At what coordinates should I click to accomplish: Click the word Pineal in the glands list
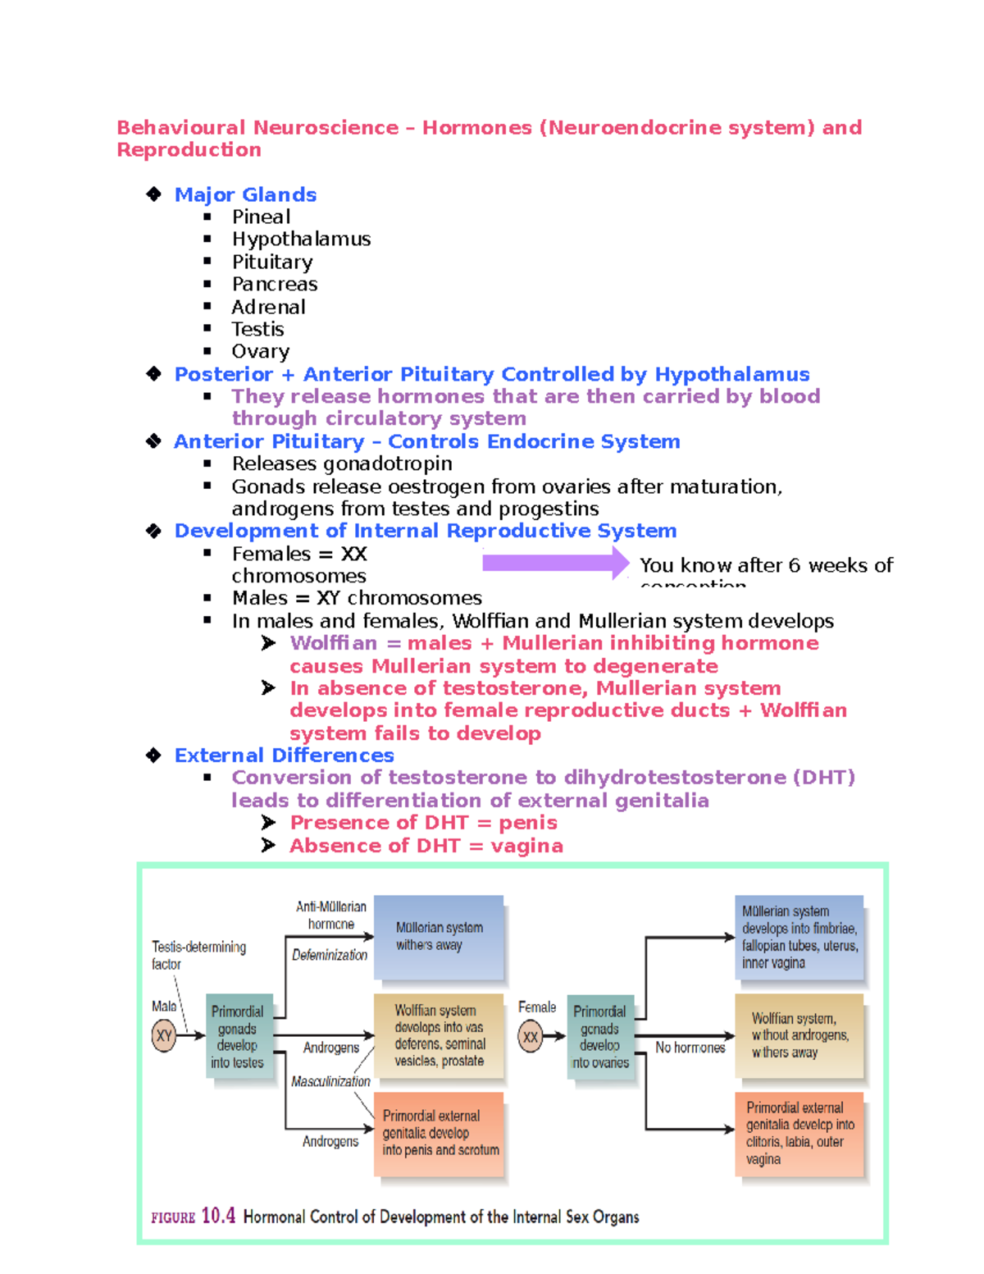click(x=261, y=217)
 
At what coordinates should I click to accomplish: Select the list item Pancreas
click(x=274, y=284)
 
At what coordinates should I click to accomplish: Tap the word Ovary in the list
click(x=260, y=351)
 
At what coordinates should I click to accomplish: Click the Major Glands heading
click(x=245, y=194)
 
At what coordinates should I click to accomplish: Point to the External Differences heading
click(x=284, y=755)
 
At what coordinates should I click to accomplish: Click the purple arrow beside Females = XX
click(x=555, y=563)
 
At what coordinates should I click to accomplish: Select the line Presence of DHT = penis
click(x=423, y=822)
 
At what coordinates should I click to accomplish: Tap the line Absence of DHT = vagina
click(x=426, y=845)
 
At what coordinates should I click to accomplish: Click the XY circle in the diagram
click(x=164, y=1035)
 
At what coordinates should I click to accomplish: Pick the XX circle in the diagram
click(x=531, y=1036)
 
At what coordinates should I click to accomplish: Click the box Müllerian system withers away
click(x=439, y=936)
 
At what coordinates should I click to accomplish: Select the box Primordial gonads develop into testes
click(x=238, y=1037)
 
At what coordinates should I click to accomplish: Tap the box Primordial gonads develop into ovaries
click(x=600, y=1037)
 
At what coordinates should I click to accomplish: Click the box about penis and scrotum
click(x=440, y=1133)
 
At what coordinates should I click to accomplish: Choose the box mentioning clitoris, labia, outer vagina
click(x=799, y=1133)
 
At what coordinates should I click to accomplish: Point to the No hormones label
click(x=690, y=1048)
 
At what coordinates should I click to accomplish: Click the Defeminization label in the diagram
click(x=330, y=955)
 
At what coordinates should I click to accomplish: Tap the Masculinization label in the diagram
click(x=330, y=1081)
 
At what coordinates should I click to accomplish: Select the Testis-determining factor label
click(x=198, y=955)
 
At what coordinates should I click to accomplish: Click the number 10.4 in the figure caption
click(x=218, y=1215)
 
